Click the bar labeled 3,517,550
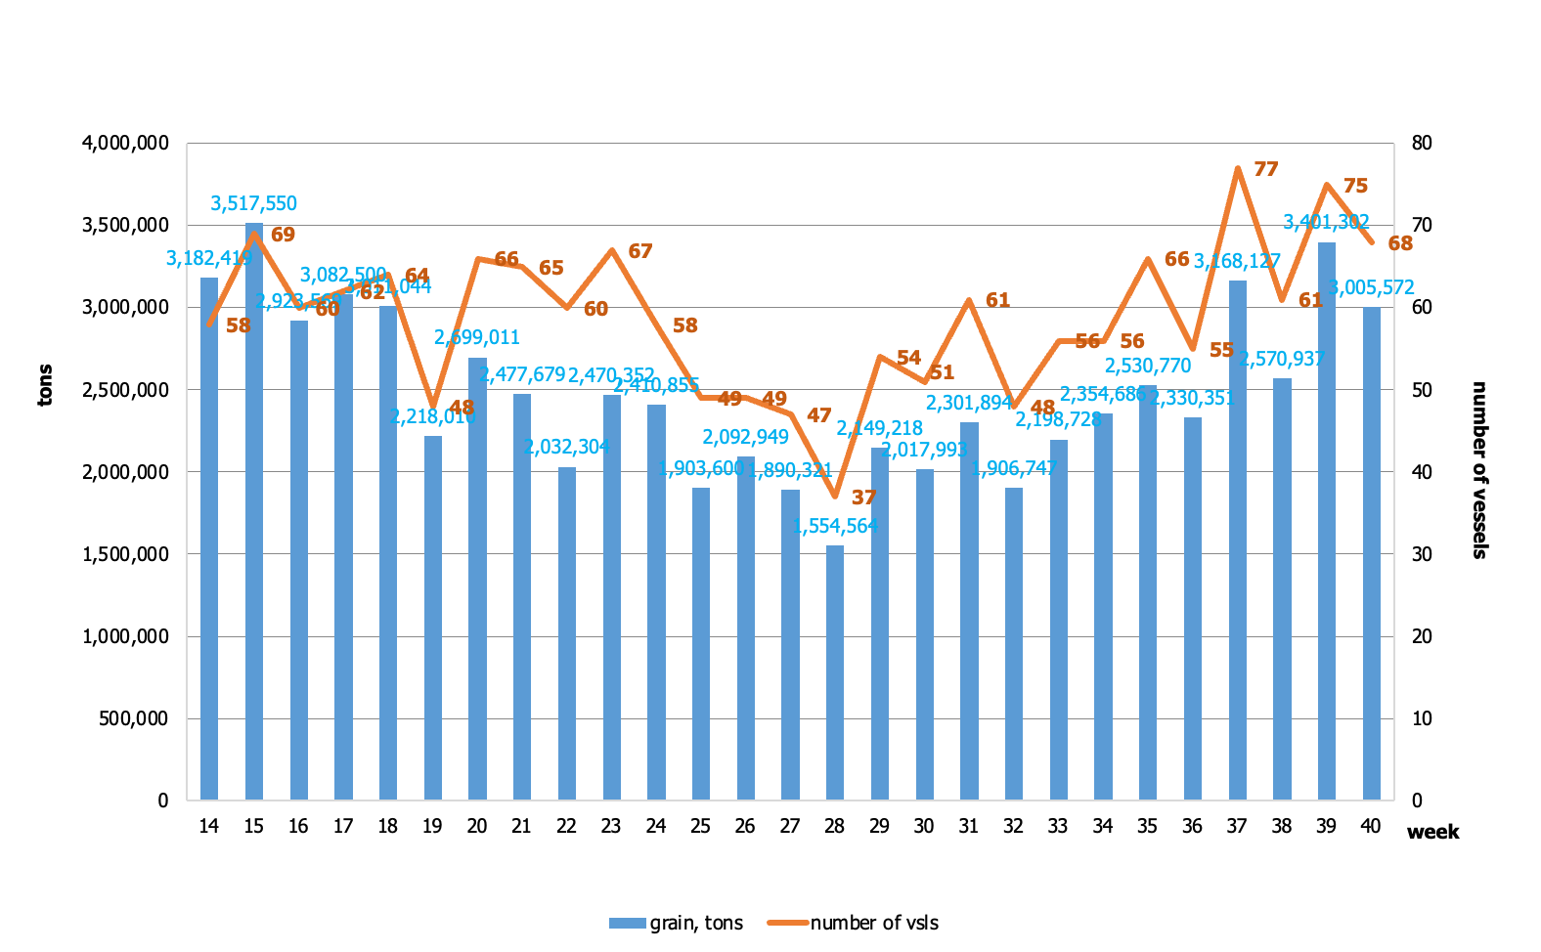(x=254, y=508)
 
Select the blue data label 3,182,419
(x=208, y=259)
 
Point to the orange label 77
(x=1265, y=170)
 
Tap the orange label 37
(x=863, y=498)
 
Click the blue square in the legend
(x=628, y=923)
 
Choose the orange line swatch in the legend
(x=788, y=923)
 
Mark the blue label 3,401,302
(x=1326, y=222)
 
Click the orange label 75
(x=1355, y=186)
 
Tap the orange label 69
(x=283, y=235)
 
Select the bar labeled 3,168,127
(x=1238, y=538)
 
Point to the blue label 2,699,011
(x=477, y=337)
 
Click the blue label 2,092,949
(x=745, y=437)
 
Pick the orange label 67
(x=639, y=252)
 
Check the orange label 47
(x=818, y=416)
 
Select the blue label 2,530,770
(x=1148, y=366)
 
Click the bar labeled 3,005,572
(x=1372, y=552)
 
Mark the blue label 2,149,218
(x=879, y=428)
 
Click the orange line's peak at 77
(x=1238, y=168)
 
